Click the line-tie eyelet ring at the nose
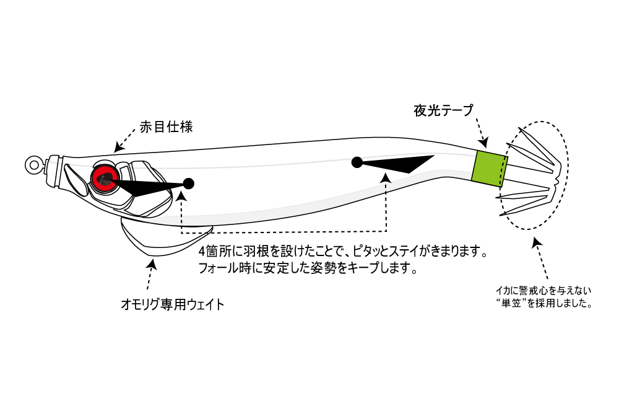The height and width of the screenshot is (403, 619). (x=33, y=164)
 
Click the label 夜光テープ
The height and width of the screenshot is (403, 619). (x=443, y=111)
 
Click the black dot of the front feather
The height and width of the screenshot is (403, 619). (x=189, y=184)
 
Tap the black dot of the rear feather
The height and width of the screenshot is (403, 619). (x=357, y=163)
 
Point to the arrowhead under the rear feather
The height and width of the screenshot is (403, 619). (x=386, y=178)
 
